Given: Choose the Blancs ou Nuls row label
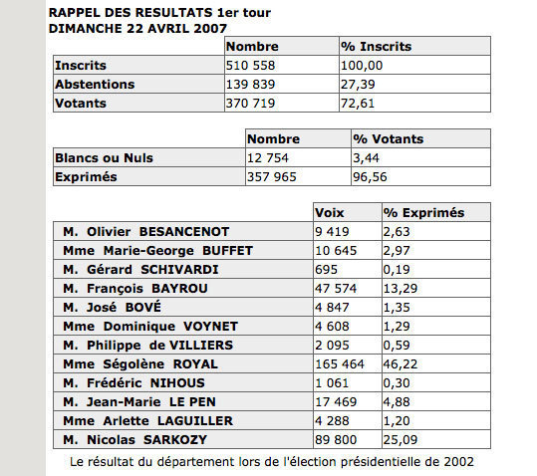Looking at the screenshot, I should (x=104, y=157).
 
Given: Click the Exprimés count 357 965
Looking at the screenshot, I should (x=274, y=176).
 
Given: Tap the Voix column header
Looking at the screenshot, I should (x=329, y=213).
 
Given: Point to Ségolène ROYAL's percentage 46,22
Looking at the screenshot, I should (x=403, y=363).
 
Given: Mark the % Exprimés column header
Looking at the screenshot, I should (x=424, y=213).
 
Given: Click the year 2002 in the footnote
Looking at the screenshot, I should (x=457, y=461).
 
